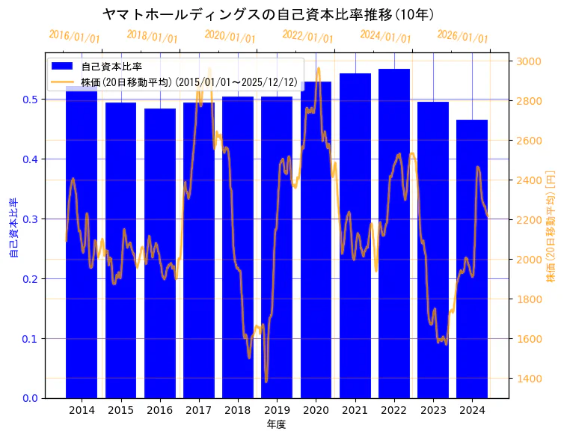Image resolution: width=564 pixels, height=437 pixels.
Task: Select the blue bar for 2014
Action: point(82,247)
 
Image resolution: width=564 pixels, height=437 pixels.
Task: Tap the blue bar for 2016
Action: point(159,254)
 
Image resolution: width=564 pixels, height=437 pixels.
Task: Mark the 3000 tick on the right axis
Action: point(526,61)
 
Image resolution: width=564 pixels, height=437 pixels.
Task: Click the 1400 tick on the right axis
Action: point(526,379)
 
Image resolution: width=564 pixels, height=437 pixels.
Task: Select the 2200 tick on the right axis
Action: point(526,220)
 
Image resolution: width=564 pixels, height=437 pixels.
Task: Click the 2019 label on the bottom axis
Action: point(277,411)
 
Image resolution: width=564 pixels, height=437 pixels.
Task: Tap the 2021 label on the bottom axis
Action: point(355,411)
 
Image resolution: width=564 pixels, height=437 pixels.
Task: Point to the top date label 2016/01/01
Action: point(74,37)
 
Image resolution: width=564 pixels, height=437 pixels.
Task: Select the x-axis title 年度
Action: point(276,424)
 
